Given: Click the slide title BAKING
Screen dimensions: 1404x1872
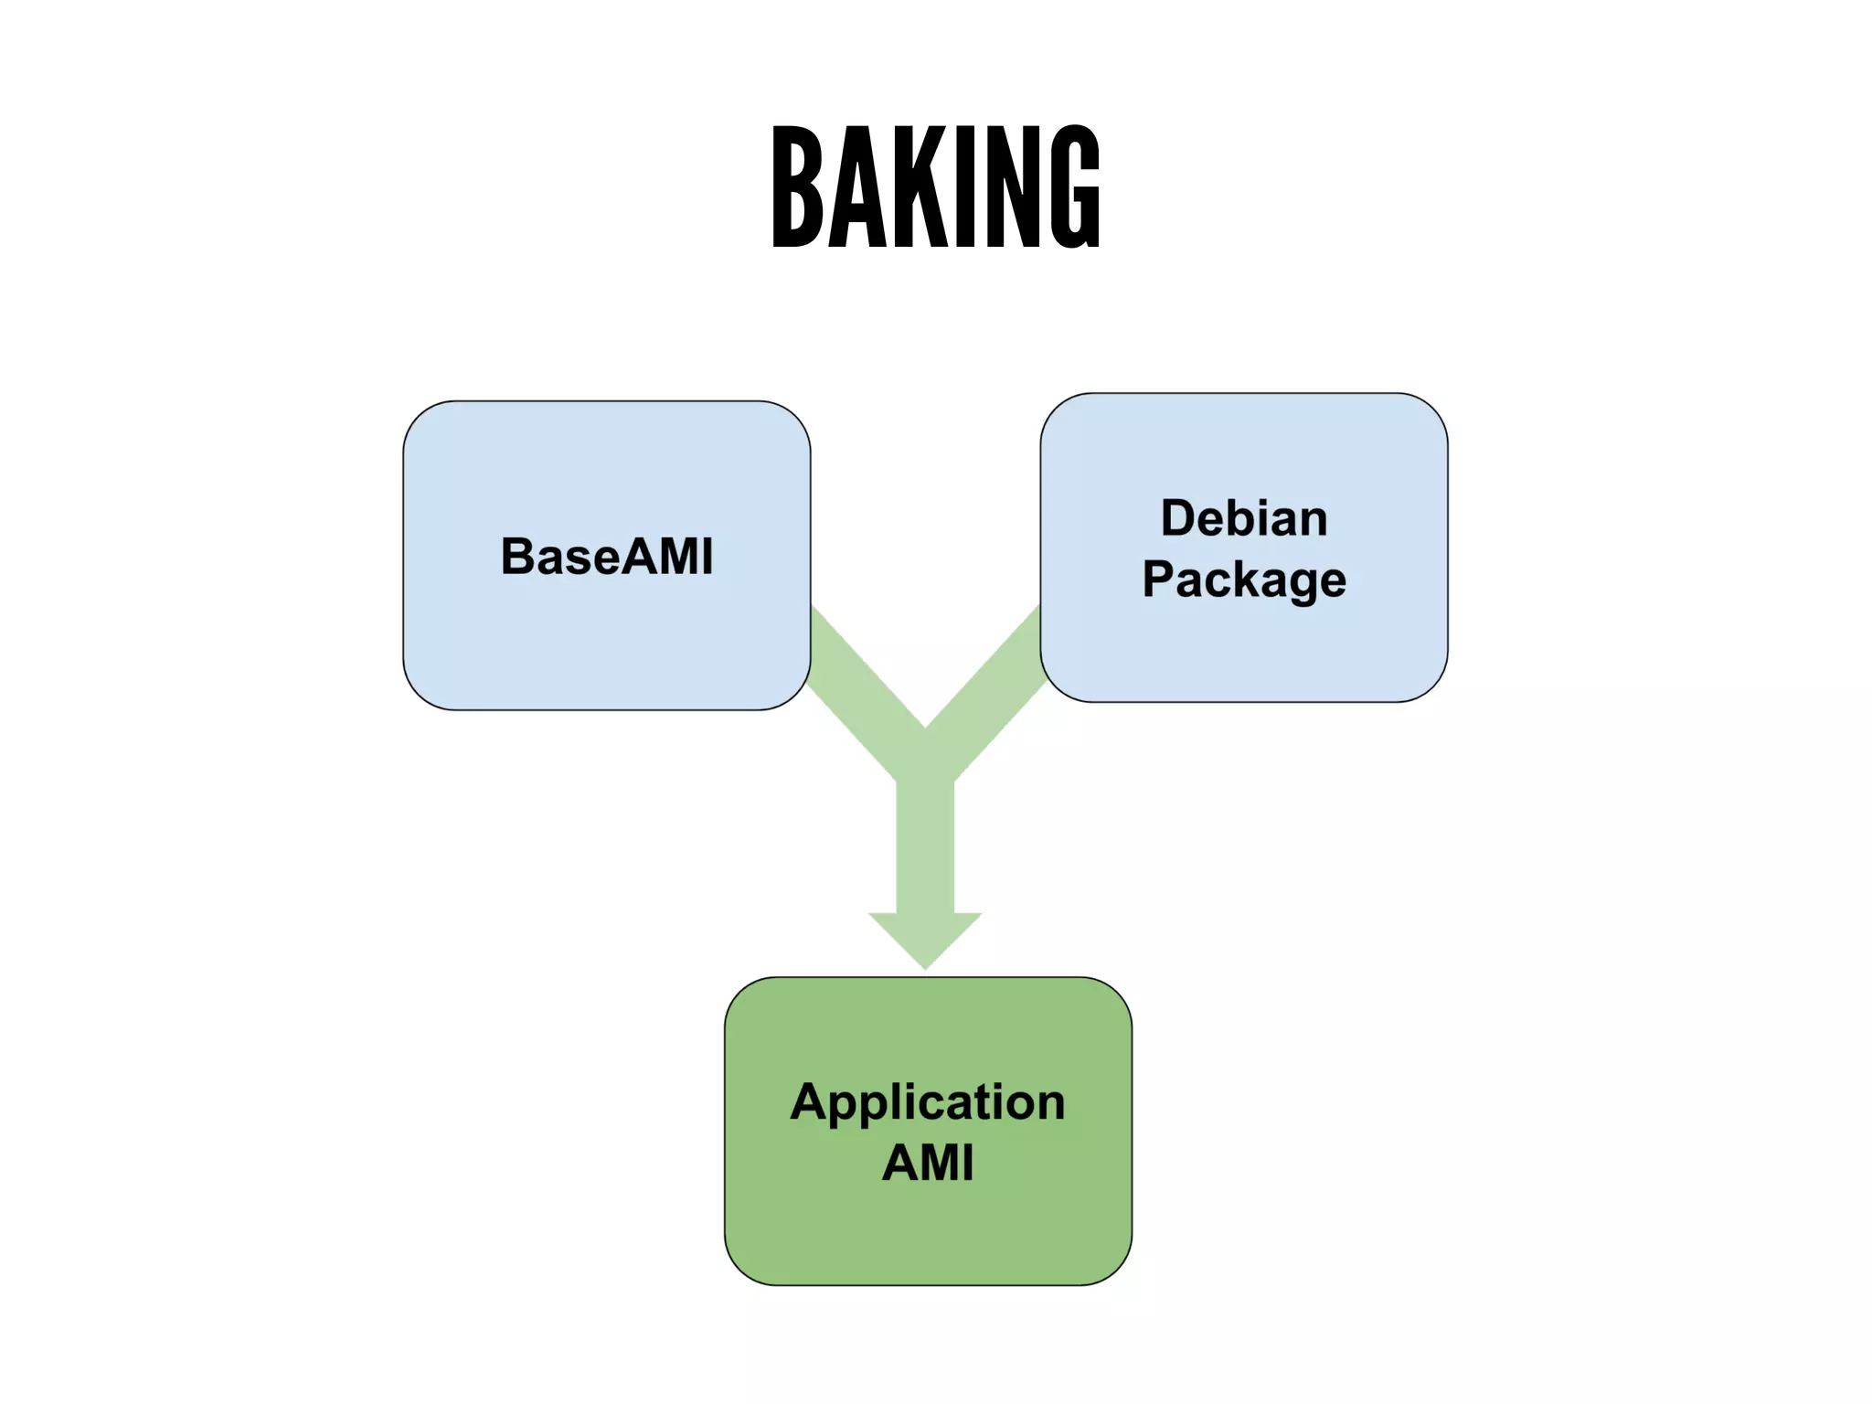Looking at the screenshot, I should [x=936, y=186].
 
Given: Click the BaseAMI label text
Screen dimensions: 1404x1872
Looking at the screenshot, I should [x=607, y=556].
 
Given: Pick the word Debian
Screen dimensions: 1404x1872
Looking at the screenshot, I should [x=1244, y=518].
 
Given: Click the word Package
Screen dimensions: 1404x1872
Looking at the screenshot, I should [x=1244, y=580].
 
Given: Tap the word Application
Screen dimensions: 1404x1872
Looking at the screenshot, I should [x=928, y=1102].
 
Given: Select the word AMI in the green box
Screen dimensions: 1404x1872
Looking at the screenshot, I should [x=928, y=1163].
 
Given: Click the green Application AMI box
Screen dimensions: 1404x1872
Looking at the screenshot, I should [x=928, y=1225].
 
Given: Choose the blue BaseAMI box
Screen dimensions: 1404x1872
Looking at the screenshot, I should [x=607, y=640].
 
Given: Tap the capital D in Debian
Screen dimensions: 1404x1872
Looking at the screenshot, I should [x=1178, y=518].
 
